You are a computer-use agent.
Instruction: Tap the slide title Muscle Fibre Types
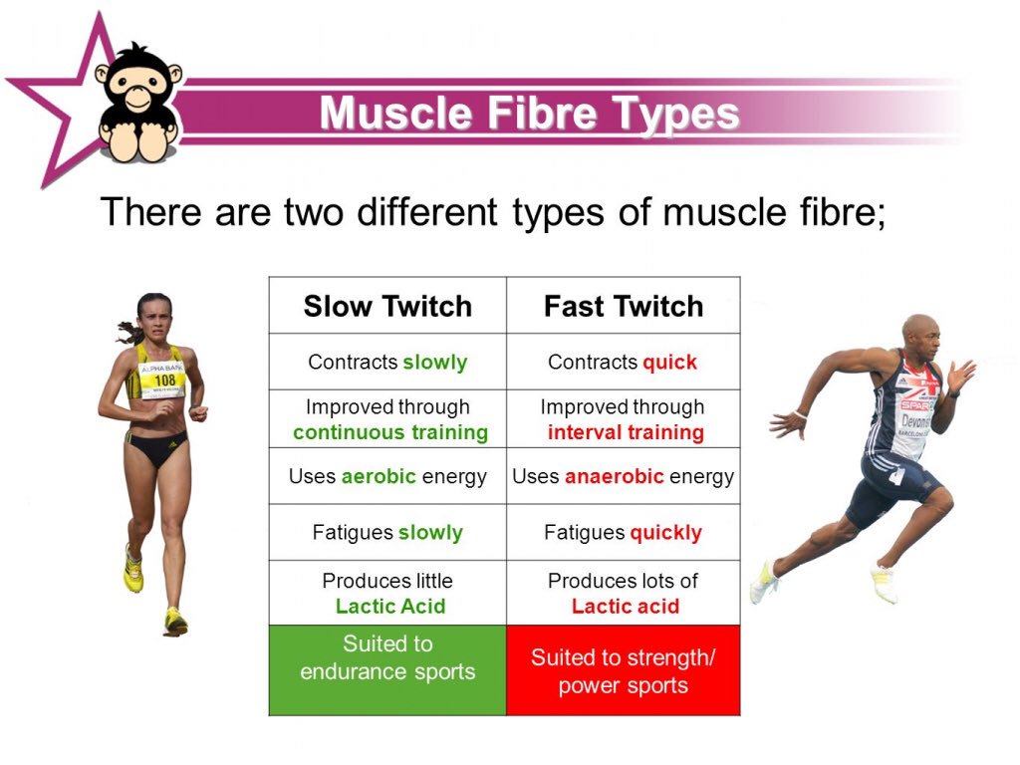point(529,113)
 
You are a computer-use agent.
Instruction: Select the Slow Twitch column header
point(387,306)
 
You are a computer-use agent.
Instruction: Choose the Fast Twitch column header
point(624,306)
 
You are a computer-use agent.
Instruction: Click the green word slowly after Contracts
point(434,363)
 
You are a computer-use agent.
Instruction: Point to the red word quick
point(669,363)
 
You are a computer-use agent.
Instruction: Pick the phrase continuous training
point(390,432)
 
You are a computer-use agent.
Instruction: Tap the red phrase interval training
point(626,432)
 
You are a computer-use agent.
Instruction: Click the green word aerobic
point(379,476)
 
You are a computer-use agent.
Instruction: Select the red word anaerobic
point(614,476)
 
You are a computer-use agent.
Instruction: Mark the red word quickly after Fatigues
point(664,533)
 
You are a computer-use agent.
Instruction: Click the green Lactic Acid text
point(390,607)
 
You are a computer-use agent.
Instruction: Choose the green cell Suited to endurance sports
point(387,669)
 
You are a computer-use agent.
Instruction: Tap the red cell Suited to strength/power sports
point(624,670)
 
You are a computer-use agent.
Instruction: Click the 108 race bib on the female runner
point(162,380)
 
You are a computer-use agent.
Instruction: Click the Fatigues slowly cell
point(387,533)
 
